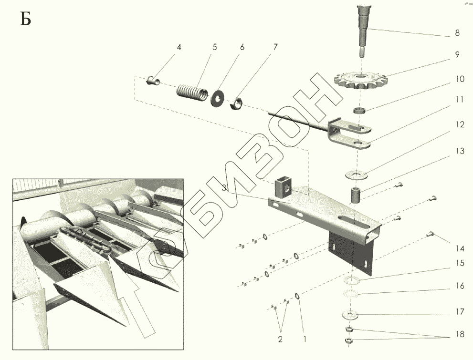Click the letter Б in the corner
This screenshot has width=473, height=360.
click(26, 19)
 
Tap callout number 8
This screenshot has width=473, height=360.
click(457, 32)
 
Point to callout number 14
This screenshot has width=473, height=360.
click(460, 248)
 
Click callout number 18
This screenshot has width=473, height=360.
click(460, 335)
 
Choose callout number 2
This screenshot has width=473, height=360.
click(280, 339)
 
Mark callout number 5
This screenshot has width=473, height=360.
click(214, 47)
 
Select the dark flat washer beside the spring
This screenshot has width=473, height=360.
click(217, 98)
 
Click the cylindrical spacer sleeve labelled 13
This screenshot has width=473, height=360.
click(356, 195)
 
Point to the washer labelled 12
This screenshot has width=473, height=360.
click(357, 175)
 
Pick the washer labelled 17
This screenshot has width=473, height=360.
click(350, 315)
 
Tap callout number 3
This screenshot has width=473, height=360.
click(224, 189)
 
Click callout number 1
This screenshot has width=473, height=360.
click(305, 339)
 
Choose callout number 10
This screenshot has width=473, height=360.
click(460, 79)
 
